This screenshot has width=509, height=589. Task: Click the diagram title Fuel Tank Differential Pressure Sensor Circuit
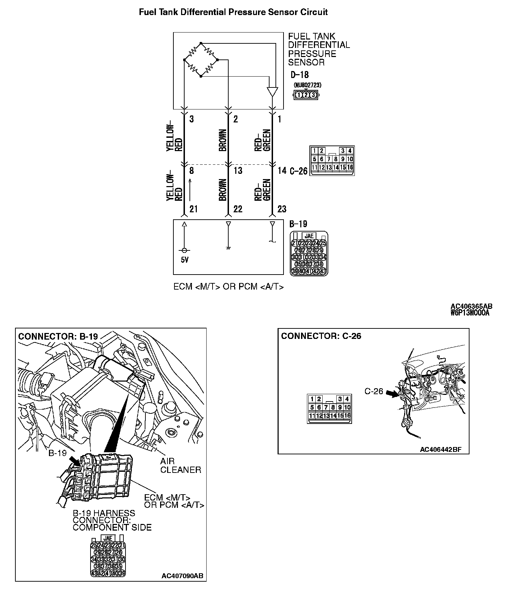(233, 12)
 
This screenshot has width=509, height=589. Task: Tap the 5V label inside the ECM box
(185, 260)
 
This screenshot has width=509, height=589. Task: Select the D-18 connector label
(300, 74)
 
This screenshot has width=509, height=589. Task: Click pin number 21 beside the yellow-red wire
(193, 209)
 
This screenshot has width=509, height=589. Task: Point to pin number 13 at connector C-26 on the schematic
(238, 171)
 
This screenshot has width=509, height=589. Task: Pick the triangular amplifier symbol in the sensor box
(272, 92)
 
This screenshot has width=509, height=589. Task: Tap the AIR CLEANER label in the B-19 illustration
(180, 466)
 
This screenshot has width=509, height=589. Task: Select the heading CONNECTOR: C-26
(321, 336)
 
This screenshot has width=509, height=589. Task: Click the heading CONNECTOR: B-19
(58, 336)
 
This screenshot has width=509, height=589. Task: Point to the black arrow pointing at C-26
(393, 394)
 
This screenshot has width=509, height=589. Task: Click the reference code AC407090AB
(182, 576)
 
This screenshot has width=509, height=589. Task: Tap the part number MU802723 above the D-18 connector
(308, 85)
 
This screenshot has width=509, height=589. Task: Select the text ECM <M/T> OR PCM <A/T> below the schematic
(229, 287)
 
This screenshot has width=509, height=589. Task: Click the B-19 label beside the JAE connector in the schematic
(298, 224)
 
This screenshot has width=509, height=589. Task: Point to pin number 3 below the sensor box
(192, 119)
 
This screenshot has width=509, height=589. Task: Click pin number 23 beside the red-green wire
(282, 209)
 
